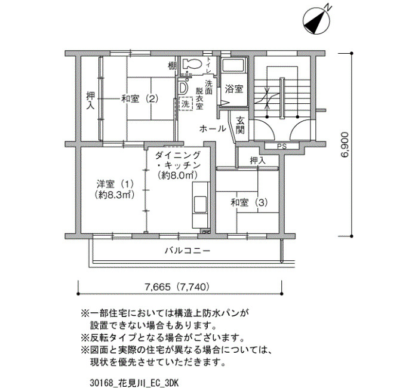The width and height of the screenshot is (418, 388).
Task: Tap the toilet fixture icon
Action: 192,64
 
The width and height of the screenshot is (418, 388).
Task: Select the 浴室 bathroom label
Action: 234,89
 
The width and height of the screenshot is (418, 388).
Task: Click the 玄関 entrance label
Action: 240,125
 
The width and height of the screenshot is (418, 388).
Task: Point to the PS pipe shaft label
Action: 281,147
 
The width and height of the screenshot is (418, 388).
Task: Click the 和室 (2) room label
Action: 140,99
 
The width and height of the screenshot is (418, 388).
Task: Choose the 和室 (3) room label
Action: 249,203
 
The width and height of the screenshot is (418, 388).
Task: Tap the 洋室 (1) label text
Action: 115,184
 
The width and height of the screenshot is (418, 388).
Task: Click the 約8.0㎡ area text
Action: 177,175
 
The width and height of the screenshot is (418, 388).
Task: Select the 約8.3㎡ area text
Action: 114,195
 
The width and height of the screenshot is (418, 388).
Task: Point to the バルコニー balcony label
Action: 188,251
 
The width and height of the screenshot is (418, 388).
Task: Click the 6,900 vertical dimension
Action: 344,144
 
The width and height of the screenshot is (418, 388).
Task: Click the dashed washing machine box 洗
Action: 186,103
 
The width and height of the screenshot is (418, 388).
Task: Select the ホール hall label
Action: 213,129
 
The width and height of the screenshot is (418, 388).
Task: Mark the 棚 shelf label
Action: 172,65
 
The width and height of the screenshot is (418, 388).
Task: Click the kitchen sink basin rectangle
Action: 200,204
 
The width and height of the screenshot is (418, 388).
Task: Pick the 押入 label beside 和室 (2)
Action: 91,101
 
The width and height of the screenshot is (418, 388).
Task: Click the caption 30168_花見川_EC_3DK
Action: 134,383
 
